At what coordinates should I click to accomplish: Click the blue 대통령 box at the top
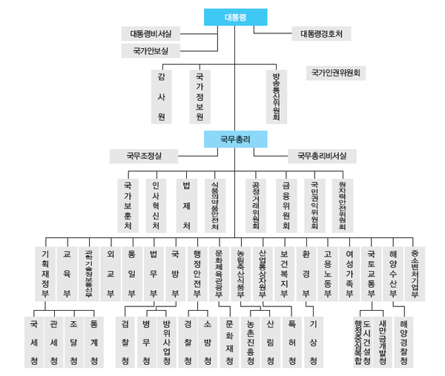[236, 16]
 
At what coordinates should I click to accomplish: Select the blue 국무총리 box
[236, 138]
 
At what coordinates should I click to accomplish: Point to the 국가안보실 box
[151, 50]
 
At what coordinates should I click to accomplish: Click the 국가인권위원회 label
[335, 73]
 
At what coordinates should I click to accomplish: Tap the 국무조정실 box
[143, 156]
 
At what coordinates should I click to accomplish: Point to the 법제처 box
[187, 203]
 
